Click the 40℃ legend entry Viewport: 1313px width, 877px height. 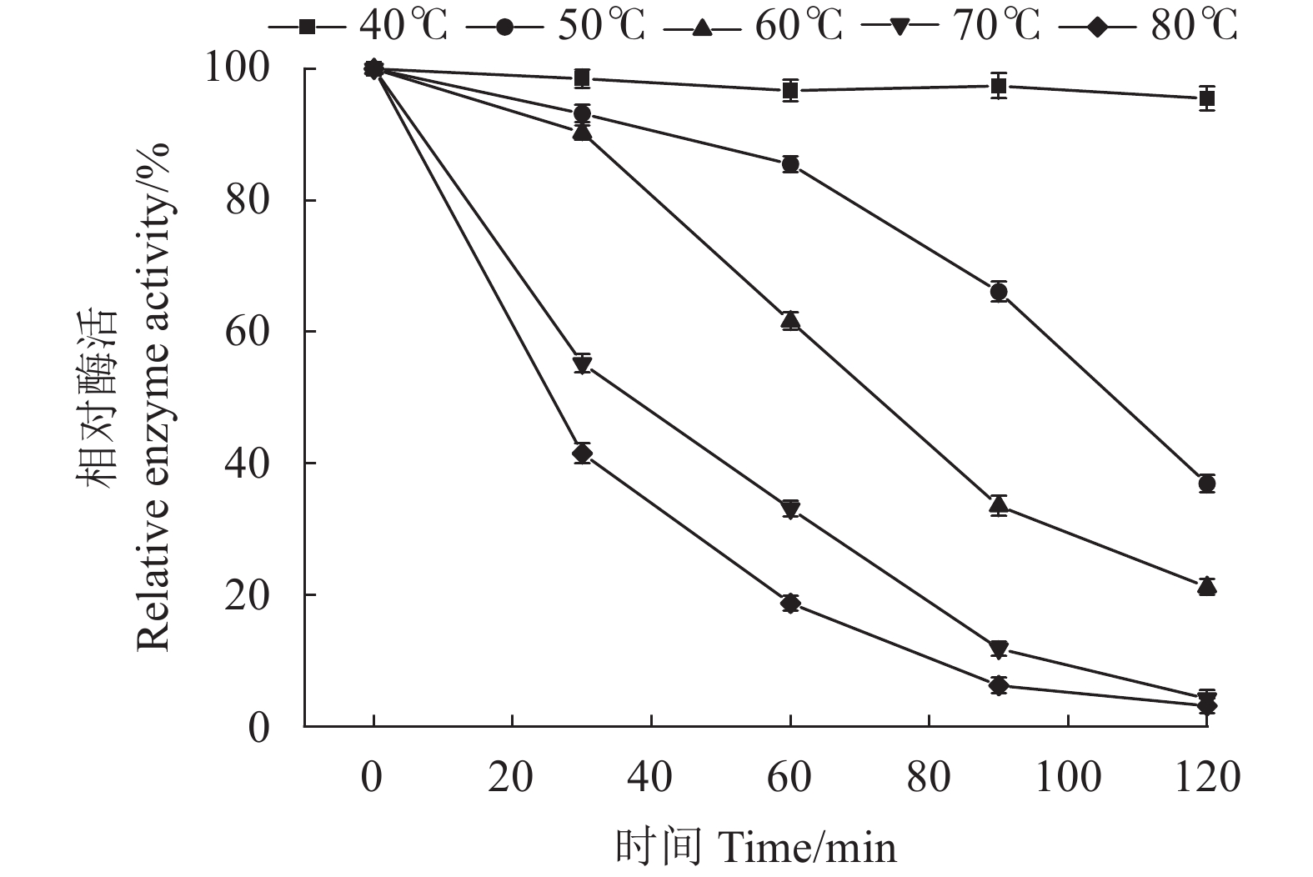click(x=358, y=27)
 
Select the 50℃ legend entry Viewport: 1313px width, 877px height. click(x=556, y=27)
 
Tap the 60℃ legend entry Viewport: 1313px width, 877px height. click(x=754, y=27)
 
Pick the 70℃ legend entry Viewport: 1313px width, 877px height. click(x=951, y=27)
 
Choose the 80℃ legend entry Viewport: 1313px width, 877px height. click(x=1148, y=27)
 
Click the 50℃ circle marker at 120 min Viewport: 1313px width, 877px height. click(x=1206, y=484)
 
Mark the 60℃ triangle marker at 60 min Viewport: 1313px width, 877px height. click(x=790, y=320)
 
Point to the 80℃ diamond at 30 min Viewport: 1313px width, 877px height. click(x=582, y=454)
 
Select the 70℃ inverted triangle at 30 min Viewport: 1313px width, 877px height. click(x=582, y=363)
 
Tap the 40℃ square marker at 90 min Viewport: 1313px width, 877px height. click(x=998, y=86)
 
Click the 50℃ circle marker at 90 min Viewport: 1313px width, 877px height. click(x=998, y=292)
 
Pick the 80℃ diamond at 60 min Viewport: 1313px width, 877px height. click(x=790, y=604)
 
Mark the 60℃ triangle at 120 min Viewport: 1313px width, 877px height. click(x=1206, y=586)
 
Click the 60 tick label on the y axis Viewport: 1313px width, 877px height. click(x=248, y=332)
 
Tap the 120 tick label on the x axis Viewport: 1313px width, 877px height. click(x=1205, y=777)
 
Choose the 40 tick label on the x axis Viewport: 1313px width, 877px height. click(x=650, y=777)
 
